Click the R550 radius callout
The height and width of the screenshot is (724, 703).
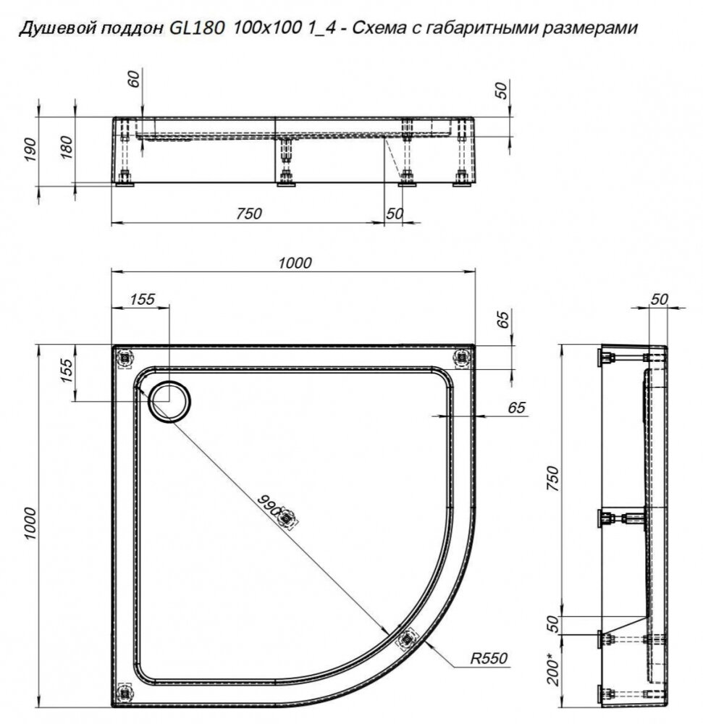pos(489,658)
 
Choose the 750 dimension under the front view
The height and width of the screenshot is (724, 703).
pos(248,214)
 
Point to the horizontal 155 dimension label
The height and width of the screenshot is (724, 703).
pos(143,299)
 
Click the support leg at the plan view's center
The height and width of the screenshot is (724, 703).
pos(288,518)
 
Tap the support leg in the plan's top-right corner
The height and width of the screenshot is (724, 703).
pos(460,357)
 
